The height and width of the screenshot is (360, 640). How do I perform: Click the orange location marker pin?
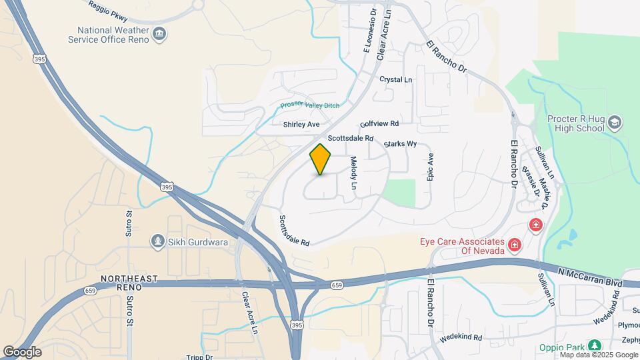point(321,159)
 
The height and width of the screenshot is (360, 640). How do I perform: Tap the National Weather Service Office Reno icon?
point(159,34)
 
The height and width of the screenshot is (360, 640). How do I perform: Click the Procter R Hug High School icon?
point(614,123)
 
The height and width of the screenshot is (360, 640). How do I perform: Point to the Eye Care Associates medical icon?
point(514,246)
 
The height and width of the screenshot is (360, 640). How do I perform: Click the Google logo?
point(21,351)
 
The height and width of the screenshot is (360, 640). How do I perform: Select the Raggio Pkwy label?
point(109,7)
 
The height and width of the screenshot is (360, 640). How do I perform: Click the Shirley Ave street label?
point(301,125)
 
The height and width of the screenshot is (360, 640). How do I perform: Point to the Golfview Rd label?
point(379,124)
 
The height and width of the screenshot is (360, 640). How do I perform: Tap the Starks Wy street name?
point(400,144)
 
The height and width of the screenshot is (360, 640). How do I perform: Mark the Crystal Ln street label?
point(396,79)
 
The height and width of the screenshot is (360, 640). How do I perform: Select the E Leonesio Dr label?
point(369,31)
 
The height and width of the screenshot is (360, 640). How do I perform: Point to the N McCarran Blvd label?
point(591,276)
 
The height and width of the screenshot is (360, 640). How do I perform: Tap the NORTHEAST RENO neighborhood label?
point(129,282)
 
